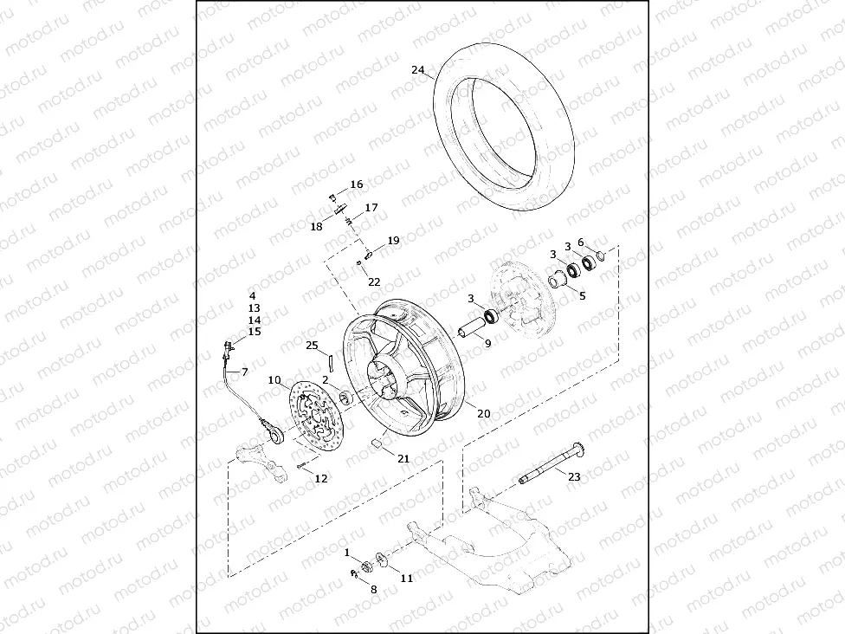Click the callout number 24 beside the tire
click(418, 70)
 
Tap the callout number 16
click(357, 185)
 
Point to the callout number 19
click(393, 241)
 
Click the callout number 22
click(374, 282)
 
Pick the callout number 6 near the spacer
click(581, 243)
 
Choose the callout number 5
click(582, 295)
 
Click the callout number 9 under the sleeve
click(487, 344)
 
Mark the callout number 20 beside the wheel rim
click(484, 414)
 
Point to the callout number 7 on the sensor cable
click(244, 372)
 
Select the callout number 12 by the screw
click(321, 478)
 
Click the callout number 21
click(403, 459)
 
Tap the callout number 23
click(575, 475)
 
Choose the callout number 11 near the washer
click(407, 578)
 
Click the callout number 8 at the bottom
click(374, 589)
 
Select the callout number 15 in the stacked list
click(254, 332)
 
